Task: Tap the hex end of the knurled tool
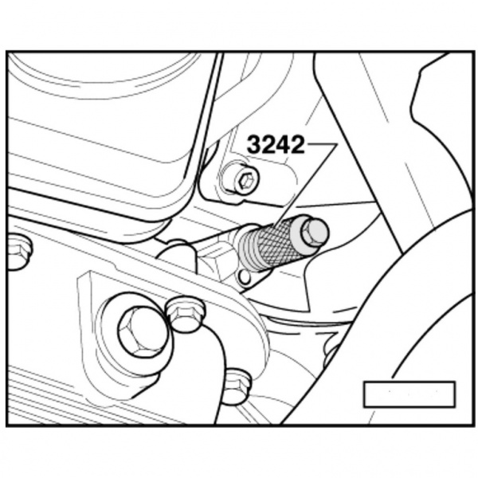tap(315, 231)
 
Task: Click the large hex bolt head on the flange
tap(140, 330)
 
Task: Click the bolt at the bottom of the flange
tap(236, 385)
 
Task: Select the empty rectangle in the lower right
tap(409, 394)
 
